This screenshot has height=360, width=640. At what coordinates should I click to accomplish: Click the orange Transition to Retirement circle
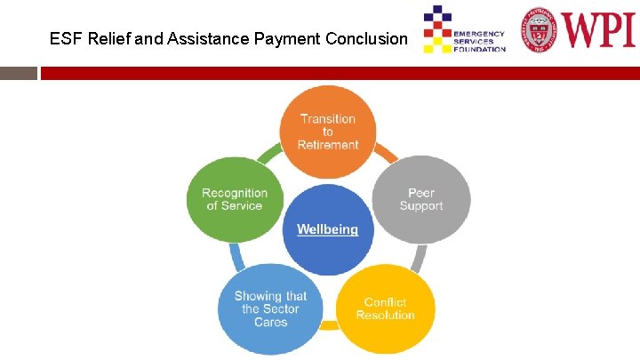pos(328,131)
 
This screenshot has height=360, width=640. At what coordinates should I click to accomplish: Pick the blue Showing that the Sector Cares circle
pos(270,308)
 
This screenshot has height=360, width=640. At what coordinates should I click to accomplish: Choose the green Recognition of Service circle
pos(234,199)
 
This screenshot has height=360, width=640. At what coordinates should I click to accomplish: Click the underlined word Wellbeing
pos(327,229)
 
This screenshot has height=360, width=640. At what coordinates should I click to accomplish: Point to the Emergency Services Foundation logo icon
pos(436,28)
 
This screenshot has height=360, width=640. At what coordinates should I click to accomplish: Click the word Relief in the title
pos(108,39)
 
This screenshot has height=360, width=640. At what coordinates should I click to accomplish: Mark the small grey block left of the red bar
pos(18,72)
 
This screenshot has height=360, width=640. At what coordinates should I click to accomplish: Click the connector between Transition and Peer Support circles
pos(385,156)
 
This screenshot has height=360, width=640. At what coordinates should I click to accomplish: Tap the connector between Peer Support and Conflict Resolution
pos(416,258)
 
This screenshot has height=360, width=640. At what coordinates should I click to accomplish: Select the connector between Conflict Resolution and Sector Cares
pos(328,326)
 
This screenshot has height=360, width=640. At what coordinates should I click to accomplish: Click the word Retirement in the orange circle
pos(328,145)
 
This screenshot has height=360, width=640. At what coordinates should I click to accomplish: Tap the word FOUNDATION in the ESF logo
pos(479,49)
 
